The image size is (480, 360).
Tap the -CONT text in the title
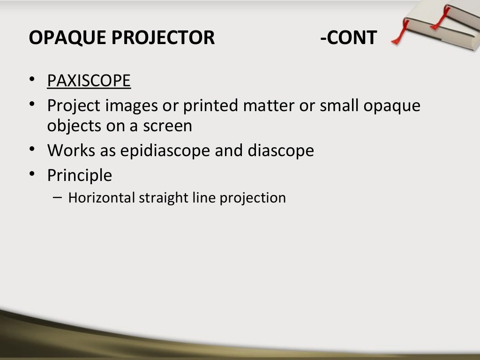[x=348, y=37]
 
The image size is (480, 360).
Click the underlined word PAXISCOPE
[x=89, y=81]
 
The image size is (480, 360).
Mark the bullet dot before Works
[x=31, y=150]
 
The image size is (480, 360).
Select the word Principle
[x=80, y=175]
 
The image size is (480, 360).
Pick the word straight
[x=162, y=197]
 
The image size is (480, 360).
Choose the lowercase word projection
[x=253, y=197]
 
